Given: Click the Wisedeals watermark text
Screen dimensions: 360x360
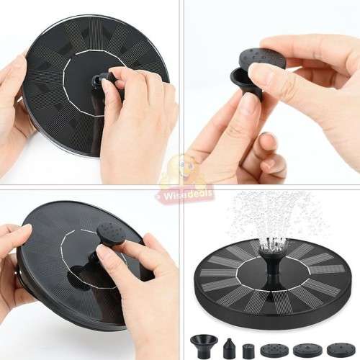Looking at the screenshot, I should (179, 193).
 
